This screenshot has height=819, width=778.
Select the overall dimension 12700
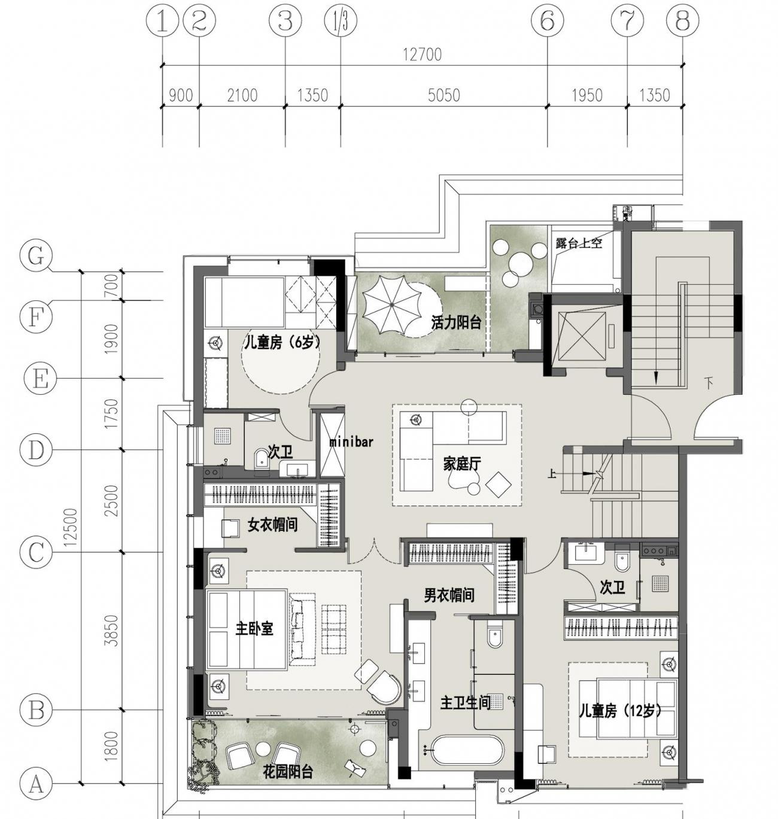point(422,54)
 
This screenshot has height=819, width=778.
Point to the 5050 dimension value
point(444,95)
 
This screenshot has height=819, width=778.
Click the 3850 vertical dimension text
point(112,631)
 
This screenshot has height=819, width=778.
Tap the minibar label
point(351,442)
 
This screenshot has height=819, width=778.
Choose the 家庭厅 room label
point(462,464)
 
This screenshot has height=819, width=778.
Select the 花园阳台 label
point(288,773)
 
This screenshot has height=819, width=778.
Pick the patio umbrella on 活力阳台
point(392,305)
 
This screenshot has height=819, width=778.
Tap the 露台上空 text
point(579,243)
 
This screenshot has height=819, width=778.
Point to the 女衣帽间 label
point(273,524)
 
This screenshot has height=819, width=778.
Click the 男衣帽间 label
point(449,595)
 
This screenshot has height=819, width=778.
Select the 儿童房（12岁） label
point(620,711)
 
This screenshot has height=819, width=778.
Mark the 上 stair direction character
point(552,474)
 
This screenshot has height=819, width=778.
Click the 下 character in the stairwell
point(709,382)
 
